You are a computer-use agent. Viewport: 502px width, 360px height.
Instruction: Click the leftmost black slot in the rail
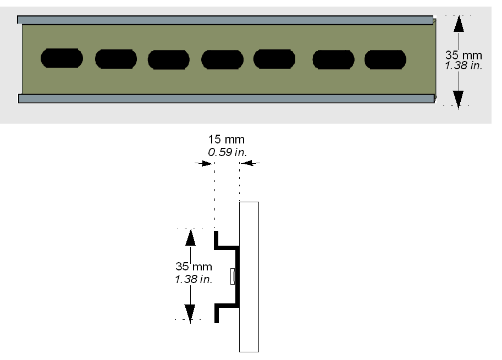point(62,58)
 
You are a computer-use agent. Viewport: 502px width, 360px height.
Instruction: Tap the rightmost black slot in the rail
point(385,59)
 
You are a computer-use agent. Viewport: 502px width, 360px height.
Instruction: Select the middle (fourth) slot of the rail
point(222,59)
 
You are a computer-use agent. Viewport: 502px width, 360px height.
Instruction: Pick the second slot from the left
point(116,59)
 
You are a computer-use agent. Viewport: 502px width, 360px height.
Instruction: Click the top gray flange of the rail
point(225,20)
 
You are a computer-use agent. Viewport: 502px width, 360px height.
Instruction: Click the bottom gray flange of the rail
point(227,98)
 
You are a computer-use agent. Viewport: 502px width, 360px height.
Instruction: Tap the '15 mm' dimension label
point(227,140)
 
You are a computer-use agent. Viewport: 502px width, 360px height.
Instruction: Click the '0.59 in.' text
point(228,152)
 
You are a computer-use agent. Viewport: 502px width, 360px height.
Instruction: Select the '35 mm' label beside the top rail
point(464,55)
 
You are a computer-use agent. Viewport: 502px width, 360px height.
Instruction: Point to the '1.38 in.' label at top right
point(464,65)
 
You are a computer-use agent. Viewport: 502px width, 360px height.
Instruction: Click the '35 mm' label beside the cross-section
point(194,266)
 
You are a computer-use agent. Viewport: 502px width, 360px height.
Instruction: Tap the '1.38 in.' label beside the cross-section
point(194,279)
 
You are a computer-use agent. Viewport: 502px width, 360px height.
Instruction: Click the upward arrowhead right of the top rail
point(459,24)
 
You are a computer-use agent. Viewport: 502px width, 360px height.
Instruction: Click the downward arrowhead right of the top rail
point(459,99)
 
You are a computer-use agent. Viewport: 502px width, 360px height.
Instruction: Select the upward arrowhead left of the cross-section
point(190,237)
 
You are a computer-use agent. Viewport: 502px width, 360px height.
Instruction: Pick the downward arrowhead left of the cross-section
point(190,313)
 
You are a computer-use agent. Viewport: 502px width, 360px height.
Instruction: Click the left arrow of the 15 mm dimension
point(204,164)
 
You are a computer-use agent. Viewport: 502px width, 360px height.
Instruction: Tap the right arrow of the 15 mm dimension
point(250,163)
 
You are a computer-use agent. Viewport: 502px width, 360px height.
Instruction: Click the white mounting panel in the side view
point(249,277)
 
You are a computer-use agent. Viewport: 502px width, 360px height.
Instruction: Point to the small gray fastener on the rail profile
point(233,276)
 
